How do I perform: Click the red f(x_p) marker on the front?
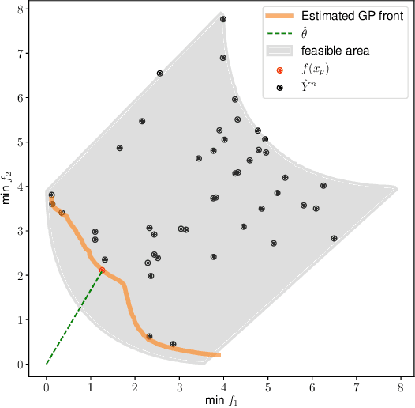pyautogui.click(x=102, y=270)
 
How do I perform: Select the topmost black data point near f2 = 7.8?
pyautogui.click(x=223, y=19)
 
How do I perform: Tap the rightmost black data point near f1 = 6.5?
pyautogui.click(x=334, y=238)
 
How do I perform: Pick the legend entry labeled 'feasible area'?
pyautogui.click(x=336, y=51)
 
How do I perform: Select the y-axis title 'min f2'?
pyautogui.click(x=8, y=187)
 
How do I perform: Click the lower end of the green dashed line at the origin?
pyautogui.click(x=47, y=364)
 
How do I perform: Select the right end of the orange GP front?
pyautogui.click(x=219, y=355)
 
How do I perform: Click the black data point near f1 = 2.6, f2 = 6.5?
pyautogui.click(x=160, y=74)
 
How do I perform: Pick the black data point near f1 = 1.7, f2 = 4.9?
pyautogui.click(x=120, y=148)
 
